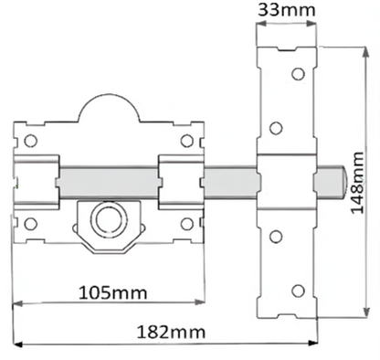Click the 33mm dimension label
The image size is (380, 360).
(x=286, y=11)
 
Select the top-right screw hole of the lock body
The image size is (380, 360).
(x=186, y=141)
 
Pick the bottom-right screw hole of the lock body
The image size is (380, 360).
(x=186, y=224)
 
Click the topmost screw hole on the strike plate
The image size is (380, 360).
(x=296, y=74)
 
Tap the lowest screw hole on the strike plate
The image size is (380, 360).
(x=296, y=291)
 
